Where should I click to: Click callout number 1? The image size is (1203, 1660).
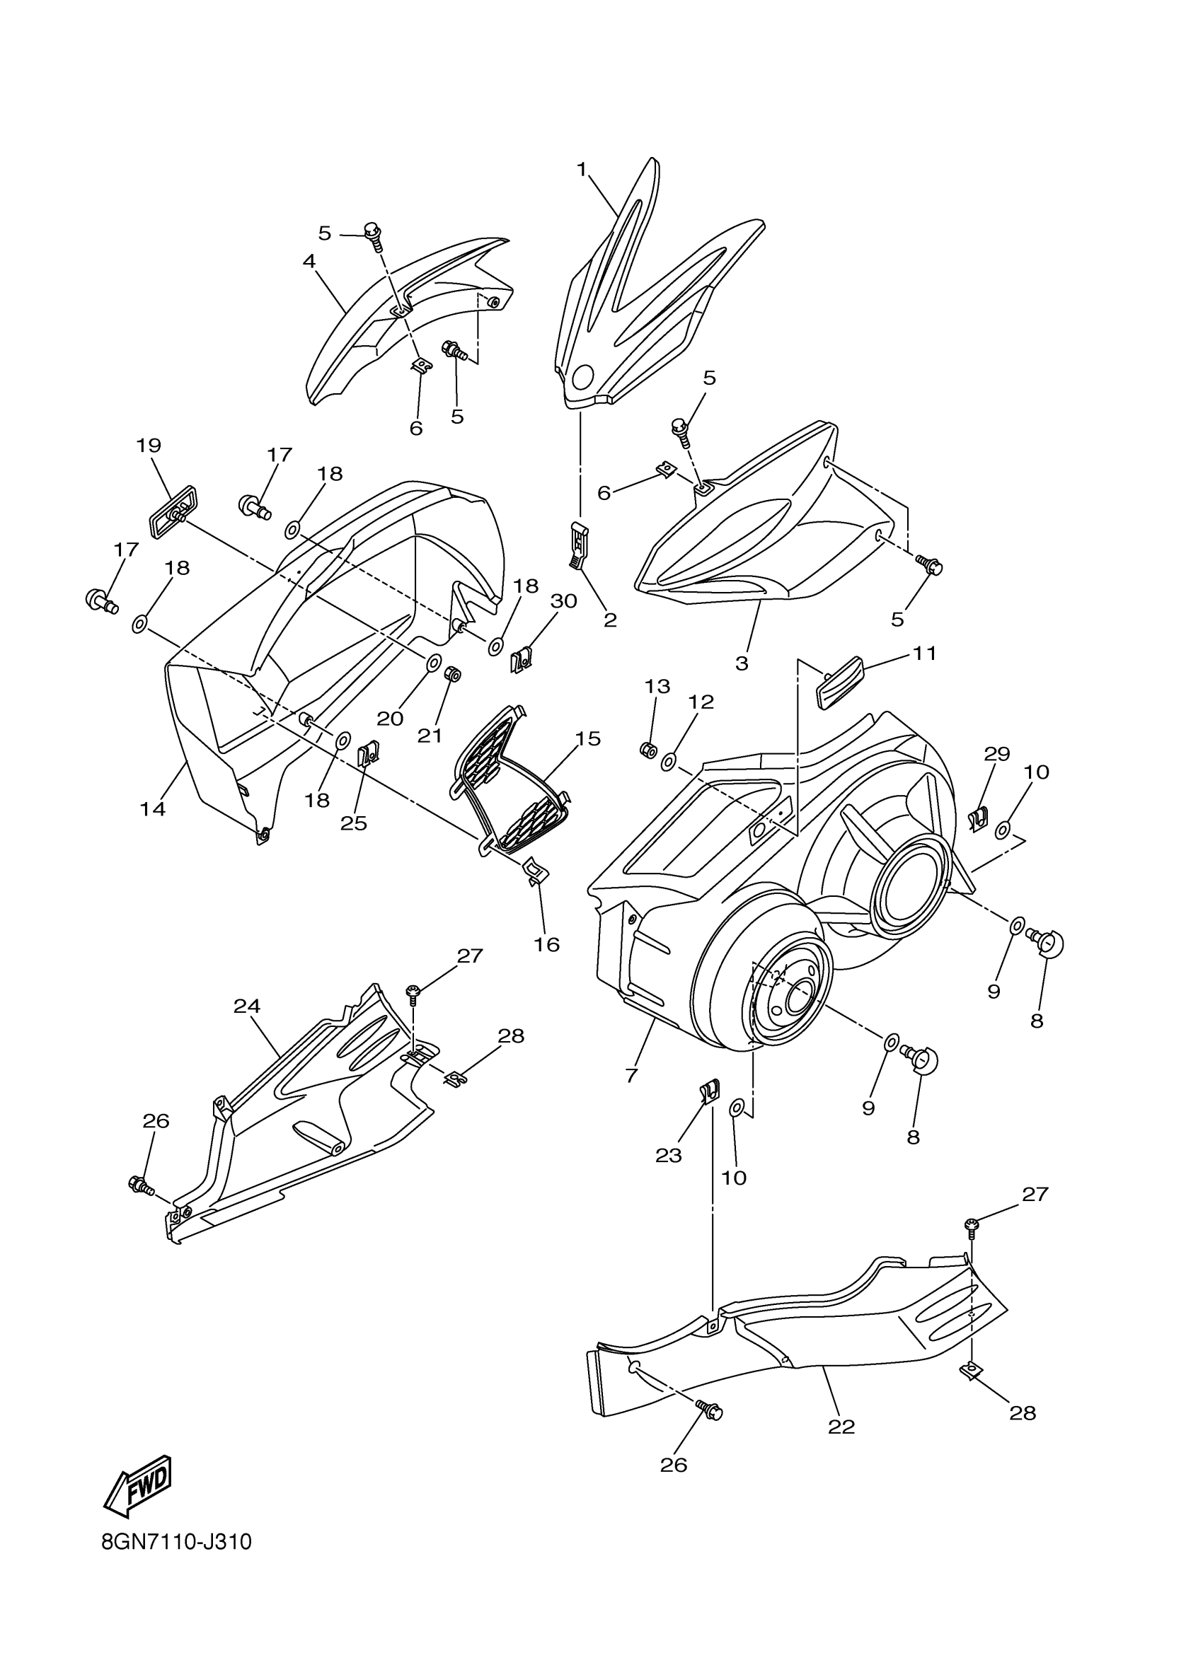(x=582, y=170)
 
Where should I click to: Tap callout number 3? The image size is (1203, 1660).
(x=742, y=663)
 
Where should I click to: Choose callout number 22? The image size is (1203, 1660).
(x=841, y=1427)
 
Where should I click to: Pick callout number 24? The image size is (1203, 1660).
(x=247, y=1006)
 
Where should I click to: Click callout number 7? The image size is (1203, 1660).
(x=631, y=1075)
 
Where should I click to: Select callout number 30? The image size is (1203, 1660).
(x=564, y=601)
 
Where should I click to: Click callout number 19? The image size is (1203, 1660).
(x=149, y=445)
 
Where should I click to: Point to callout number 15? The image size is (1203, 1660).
(x=587, y=738)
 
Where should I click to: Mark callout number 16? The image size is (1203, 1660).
(x=546, y=944)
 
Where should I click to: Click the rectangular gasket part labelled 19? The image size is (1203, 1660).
(x=173, y=510)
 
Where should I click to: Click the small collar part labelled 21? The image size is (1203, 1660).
(x=452, y=673)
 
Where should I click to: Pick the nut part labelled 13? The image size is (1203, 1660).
(x=648, y=750)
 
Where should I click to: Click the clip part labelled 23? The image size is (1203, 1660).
(x=708, y=1095)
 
